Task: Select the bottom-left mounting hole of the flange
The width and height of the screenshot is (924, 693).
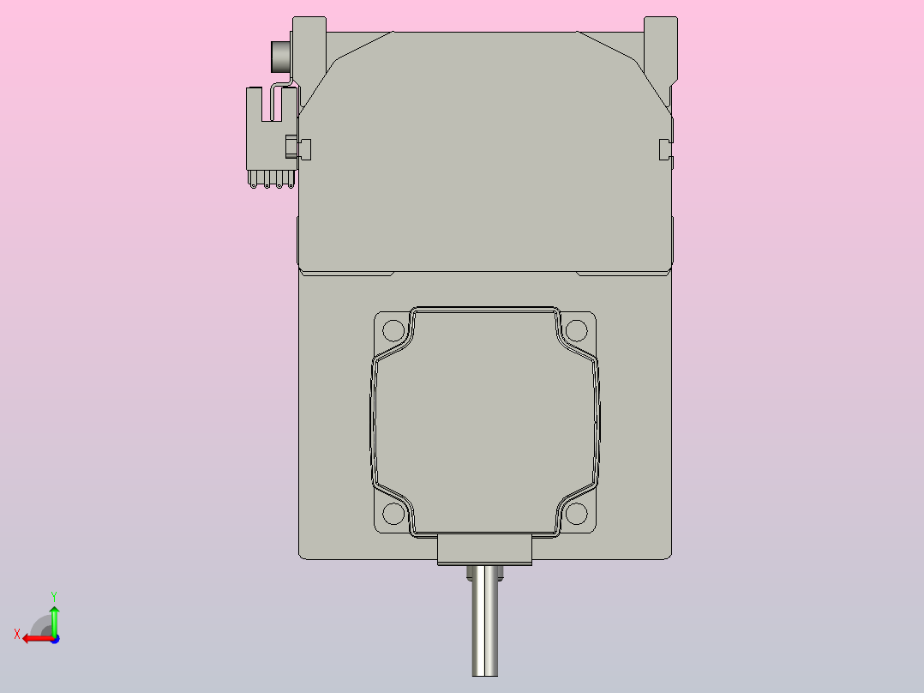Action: [393, 514]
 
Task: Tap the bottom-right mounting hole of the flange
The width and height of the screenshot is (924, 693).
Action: [577, 514]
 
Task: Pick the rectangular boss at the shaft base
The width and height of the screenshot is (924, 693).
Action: [485, 549]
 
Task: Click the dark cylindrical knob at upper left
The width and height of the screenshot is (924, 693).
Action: [280, 57]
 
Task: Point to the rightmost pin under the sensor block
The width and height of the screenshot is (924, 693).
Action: [291, 181]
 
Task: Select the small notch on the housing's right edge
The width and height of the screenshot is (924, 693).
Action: [663, 148]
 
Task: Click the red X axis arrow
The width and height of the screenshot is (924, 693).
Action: [36, 638]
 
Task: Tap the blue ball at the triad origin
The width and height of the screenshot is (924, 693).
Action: [54, 638]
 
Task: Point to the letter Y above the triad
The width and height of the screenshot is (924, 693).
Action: [54, 595]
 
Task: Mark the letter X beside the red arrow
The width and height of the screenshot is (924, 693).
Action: [17, 634]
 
